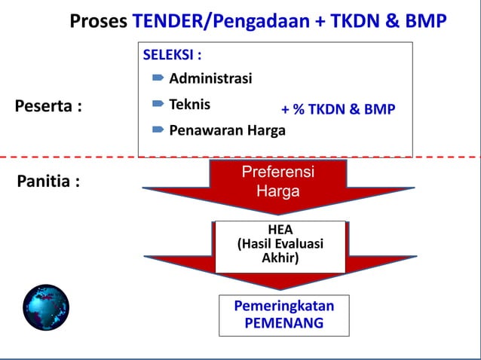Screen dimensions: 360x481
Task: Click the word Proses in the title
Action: click(99, 21)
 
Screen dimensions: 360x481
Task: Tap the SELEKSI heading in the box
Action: click(172, 55)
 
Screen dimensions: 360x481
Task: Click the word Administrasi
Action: click(210, 78)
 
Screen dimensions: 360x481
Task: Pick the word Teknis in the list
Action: click(189, 105)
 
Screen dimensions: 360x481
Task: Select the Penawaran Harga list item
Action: click(227, 130)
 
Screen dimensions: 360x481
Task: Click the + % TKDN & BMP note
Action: click(338, 109)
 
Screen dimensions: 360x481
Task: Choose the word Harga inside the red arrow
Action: click(278, 191)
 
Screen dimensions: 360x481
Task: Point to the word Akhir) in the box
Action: click(280, 258)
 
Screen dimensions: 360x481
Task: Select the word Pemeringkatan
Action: click(284, 307)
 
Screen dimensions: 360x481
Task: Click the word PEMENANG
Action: click(284, 324)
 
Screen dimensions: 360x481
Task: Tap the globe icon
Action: click(46, 307)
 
